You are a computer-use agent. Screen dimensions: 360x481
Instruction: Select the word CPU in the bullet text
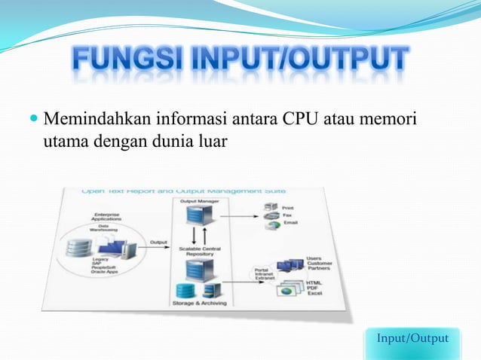coord(303,119)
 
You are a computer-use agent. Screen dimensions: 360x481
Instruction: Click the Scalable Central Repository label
coord(195,251)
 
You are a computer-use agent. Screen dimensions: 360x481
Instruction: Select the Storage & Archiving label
coord(193,303)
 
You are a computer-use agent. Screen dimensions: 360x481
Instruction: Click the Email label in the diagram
coord(291,224)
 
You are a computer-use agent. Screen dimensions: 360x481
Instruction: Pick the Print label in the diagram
coord(289,207)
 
